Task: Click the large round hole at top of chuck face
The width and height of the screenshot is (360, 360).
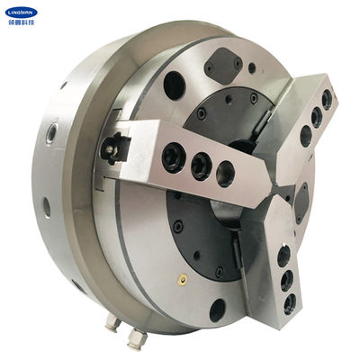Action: pos(175,85)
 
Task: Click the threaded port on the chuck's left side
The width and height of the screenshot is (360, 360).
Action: pos(52,133)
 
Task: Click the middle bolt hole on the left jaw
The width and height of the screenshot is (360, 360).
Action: pos(199,165)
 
